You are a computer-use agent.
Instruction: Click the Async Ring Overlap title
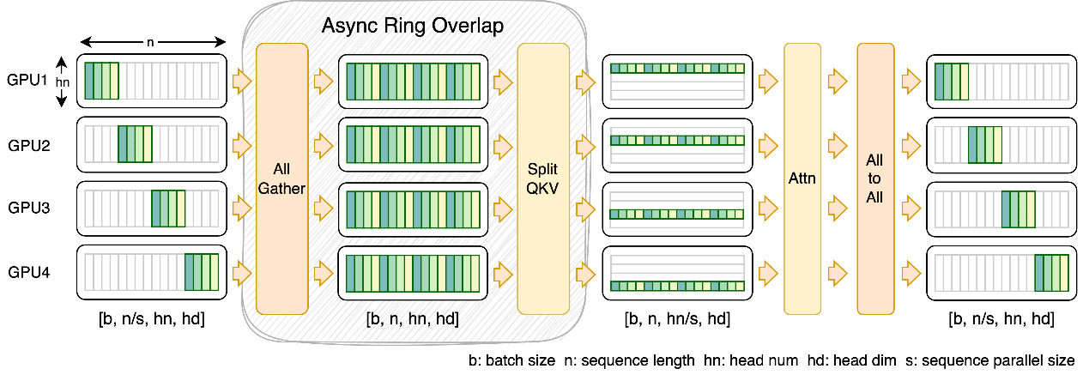click(x=413, y=26)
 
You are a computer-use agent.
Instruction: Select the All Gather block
click(x=282, y=178)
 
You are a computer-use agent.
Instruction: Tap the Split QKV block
click(x=543, y=178)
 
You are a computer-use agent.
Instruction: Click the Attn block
click(x=802, y=178)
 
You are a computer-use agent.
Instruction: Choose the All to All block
click(x=875, y=178)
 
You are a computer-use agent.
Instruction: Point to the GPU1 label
click(x=27, y=80)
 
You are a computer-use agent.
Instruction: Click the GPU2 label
click(x=28, y=145)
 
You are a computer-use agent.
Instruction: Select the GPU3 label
click(x=28, y=208)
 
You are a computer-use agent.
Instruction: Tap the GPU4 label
click(x=28, y=272)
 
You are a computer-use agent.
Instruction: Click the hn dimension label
click(x=63, y=82)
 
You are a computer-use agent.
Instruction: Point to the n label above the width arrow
click(x=150, y=42)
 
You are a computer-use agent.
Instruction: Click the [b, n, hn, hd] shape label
click(x=413, y=319)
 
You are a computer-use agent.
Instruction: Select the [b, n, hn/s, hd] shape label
click(x=677, y=319)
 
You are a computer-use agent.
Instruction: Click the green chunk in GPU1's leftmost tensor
click(x=101, y=81)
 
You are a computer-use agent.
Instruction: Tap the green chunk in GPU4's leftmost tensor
click(x=202, y=272)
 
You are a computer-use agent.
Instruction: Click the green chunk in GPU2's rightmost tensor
click(x=985, y=145)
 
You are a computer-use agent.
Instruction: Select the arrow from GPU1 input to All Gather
click(x=242, y=81)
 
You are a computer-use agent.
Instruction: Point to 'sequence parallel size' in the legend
click(x=998, y=360)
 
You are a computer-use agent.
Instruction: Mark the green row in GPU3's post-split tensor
click(x=677, y=214)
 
